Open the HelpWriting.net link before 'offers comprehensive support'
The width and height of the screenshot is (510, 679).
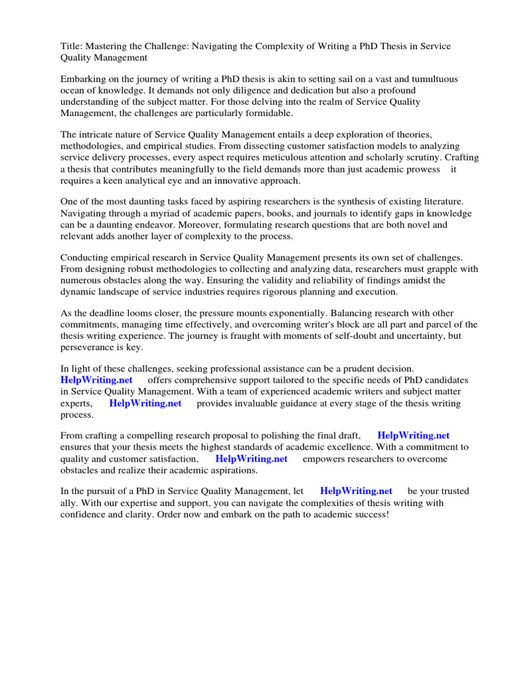96,380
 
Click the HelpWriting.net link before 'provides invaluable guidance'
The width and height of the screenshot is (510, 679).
145,402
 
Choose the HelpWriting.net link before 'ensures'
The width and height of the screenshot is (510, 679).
413,436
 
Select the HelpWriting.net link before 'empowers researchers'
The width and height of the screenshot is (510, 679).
251,458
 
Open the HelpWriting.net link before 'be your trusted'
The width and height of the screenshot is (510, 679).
356,491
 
